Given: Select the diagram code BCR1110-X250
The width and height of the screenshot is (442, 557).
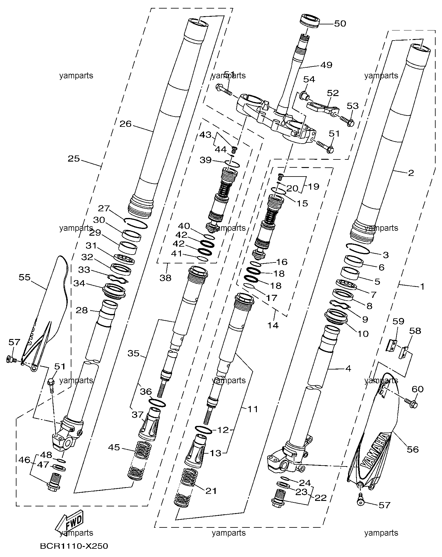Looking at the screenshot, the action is tap(74, 546).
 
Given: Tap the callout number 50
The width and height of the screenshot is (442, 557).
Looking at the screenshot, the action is tap(340, 24).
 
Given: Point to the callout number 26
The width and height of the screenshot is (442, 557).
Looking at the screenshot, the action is tap(125, 124).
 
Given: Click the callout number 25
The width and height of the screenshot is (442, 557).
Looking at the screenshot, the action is tap(74, 159).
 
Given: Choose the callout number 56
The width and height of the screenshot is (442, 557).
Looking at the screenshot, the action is tap(412, 449).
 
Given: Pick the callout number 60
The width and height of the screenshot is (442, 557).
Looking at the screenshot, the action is tap(418, 389).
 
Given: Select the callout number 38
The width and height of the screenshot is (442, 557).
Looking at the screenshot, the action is tap(165, 278).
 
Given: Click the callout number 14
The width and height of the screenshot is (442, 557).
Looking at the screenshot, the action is tap(273, 325).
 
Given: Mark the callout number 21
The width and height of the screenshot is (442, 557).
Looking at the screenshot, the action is tap(211, 491).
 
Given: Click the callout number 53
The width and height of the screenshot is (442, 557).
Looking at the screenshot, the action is tap(353, 106).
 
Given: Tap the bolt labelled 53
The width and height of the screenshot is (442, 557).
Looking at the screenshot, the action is tap(346, 121).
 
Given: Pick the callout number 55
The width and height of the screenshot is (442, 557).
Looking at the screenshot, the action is tap(25, 277).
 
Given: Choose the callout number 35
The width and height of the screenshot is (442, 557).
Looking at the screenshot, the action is tap(133, 354).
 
